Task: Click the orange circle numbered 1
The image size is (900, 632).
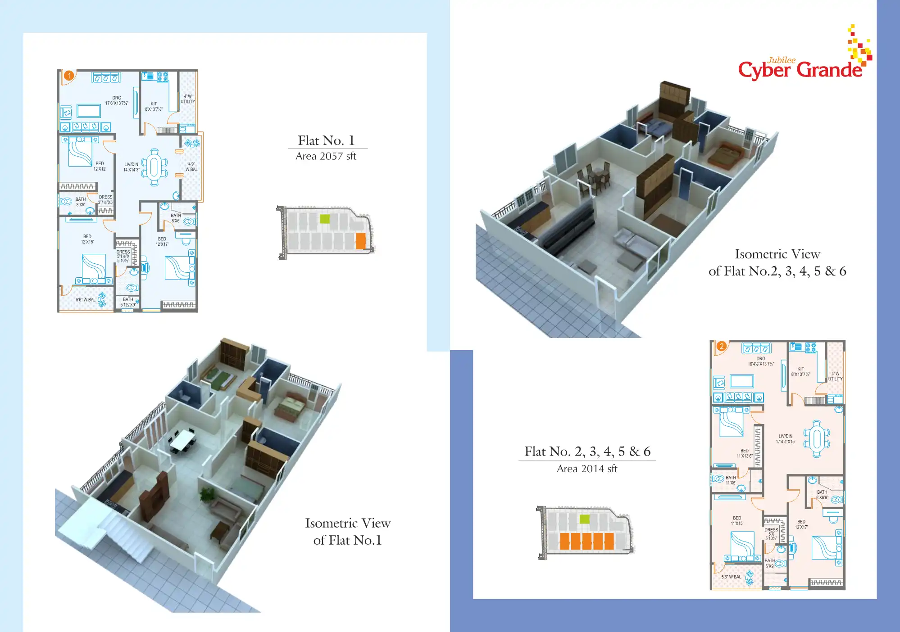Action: click(69, 76)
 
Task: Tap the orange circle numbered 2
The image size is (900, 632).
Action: click(722, 346)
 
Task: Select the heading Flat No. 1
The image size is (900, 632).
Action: click(326, 140)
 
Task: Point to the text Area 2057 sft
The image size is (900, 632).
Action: click(326, 156)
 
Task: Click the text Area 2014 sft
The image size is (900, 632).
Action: click(586, 469)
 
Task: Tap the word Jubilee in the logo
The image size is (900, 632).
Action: click(782, 60)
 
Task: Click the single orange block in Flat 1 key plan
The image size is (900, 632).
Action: click(360, 241)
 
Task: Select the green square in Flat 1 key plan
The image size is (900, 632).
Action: click(325, 219)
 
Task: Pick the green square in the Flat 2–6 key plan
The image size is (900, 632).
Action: click(584, 519)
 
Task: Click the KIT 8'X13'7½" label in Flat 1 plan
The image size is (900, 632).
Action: click(154, 106)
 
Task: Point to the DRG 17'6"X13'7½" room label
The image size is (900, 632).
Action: click(117, 100)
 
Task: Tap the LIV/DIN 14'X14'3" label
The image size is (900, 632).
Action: click(131, 167)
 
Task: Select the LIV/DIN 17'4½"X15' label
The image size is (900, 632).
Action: click(785, 439)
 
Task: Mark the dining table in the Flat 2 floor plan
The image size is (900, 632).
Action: click(817, 438)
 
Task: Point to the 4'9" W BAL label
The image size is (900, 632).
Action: click(191, 167)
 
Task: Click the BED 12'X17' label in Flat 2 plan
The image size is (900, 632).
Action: click(801, 524)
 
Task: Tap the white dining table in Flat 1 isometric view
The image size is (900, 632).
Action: click(182, 440)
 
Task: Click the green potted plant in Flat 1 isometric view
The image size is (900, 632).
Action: click(207, 494)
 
